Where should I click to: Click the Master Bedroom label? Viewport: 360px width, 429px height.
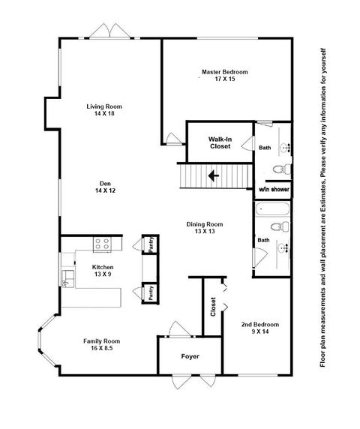pyautogui.click(x=224, y=72)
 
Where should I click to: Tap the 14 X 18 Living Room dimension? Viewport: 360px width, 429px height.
pyautogui.click(x=104, y=113)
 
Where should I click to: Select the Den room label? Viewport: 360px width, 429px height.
pyautogui.click(x=105, y=183)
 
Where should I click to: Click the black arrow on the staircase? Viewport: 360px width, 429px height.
pyautogui.click(x=213, y=176)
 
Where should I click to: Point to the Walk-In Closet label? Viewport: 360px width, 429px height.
pyautogui.click(x=220, y=142)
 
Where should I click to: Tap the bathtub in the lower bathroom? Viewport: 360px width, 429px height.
pyautogui.click(x=272, y=209)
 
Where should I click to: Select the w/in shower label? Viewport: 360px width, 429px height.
pyautogui.click(x=274, y=189)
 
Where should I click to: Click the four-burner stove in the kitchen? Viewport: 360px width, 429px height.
pyautogui.click(x=103, y=244)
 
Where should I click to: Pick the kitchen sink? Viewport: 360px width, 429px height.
pyautogui.click(x=67, y=279)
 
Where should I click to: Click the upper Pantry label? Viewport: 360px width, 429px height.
pyautogui.click(x=151, y=244)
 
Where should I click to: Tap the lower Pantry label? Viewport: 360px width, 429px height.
pyautogui.click(x=151, y=293)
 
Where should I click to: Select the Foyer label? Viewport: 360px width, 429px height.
pyautogui.click(x=190, y=356)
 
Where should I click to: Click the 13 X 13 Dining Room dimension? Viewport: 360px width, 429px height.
pyautogui.click(x=205, y=231)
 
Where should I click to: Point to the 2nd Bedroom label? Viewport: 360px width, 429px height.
pyautogui.click(x=260, y=325)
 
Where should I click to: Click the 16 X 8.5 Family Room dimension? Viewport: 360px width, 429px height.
pyautogui.click(x=101, y=348)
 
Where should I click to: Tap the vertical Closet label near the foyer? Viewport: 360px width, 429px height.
pyautogui.click(x=213, y=307)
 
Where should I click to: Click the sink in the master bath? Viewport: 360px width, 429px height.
pyautogui.click(x=285, y=148)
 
